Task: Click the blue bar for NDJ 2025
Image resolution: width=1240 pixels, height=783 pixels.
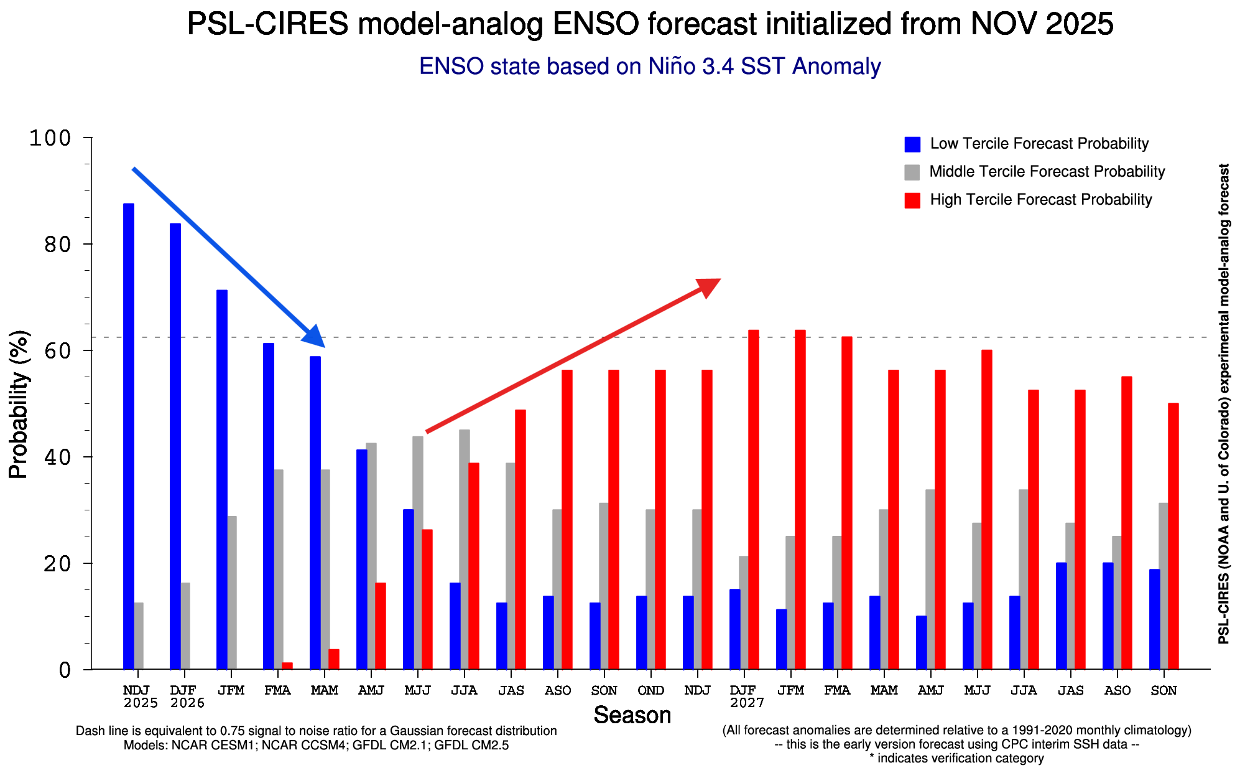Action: pyautogui.click(x=129, y=436)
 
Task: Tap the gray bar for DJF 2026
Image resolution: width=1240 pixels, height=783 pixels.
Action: pyautogui.click(x=185, y=626)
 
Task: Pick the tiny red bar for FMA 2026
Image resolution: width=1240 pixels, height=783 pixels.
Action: pyautogui.click(x=287, y=666)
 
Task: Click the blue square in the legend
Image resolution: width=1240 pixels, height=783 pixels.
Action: pyautogui.click(x=912, y=144)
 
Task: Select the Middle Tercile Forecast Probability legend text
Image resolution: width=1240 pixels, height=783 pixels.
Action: pyautogui.click(x=1047, y=172)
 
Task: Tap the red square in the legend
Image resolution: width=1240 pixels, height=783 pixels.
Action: pyautogui.click(x=912, y=200)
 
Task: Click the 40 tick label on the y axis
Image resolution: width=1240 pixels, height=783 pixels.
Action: pyautogui.click(x=57, y=457)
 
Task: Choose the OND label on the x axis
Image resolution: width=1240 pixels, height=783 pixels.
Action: pyautogui.click(x=651, y=691)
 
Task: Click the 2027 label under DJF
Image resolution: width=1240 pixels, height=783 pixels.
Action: pyautogui.click(x=747, y=703)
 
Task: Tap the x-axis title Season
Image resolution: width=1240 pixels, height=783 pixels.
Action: pyautogui.click(x=632, y=716)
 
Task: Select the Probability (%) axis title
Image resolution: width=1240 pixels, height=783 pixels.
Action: pyautogui.click(x=19, y=404)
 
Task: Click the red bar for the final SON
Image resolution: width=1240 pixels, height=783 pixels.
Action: pyautogui.click(x=1173, y=536)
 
